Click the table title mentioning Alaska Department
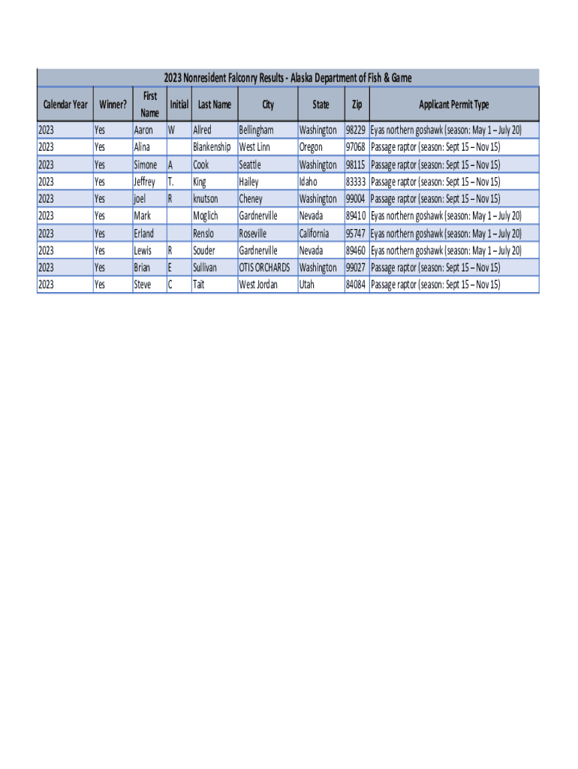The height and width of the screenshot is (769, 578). coord(287,78)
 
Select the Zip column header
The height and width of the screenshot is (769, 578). coord(356,105)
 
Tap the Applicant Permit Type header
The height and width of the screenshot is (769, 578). coord(453,105)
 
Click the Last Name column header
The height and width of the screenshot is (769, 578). coord(215,105)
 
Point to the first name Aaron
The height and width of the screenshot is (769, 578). coord(143,130)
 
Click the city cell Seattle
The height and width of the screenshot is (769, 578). coord(250,164)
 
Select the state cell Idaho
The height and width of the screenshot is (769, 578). coord(308,182)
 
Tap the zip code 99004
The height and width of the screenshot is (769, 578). coord(355,199)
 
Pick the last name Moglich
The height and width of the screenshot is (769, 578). coord(206,216)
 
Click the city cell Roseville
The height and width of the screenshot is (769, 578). coord(253,234)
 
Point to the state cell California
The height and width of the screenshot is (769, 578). coord(314,234)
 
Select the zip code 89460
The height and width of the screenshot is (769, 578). coord(355,251)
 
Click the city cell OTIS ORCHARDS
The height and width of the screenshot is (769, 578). coord(264,268)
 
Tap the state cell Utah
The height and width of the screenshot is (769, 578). coord(307,285)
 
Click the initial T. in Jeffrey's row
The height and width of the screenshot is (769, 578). coord(171,182)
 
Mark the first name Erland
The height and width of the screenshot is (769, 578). coord(143,234)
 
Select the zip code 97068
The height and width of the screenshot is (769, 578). coord(355,147)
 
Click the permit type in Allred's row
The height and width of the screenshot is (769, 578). coord(446,130)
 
